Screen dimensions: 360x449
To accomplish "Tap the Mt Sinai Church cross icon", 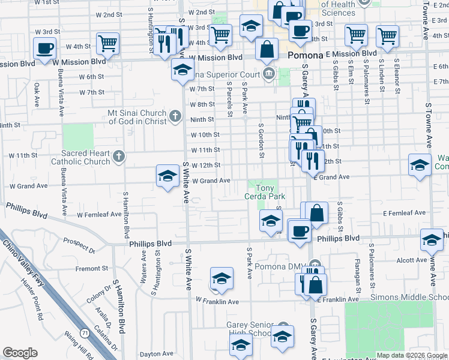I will [175, 115].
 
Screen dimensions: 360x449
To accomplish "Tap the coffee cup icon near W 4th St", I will [45, 48].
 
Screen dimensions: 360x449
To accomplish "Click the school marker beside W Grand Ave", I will [167, 176].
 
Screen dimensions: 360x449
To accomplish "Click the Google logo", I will [20, 353].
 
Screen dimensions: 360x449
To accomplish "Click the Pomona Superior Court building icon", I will [269, 75].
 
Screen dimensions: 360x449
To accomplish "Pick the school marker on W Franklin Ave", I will [221, 278].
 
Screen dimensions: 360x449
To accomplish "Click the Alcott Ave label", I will [411, 260].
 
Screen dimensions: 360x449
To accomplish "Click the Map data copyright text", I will [411, 355].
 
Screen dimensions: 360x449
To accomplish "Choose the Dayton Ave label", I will [156, 355].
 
